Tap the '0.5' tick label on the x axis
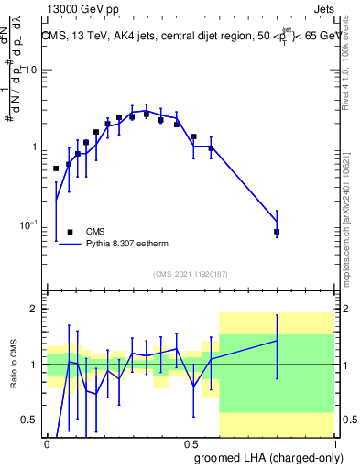click(x=191, y=443)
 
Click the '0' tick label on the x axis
click(x=47, y=443)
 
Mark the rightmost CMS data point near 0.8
click(x=277, y=232)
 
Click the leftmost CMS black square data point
click(x=56, y=169)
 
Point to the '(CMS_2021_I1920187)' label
click(x=190, y=274)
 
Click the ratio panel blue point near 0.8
click(x=277, y=341)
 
